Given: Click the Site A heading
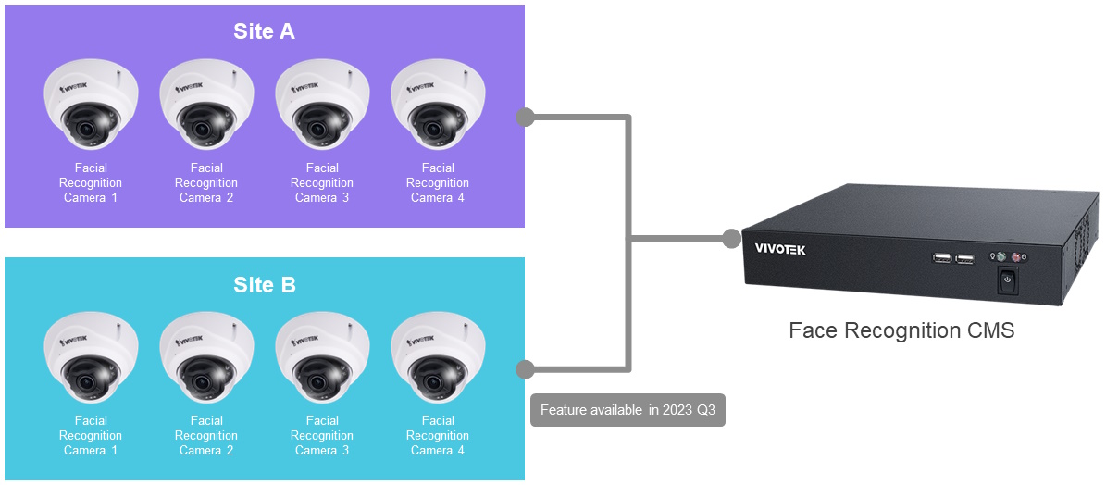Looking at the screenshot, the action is pyautogui.click(x=264, y=32).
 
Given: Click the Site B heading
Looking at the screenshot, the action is pyautogui.click(x=264, y=285).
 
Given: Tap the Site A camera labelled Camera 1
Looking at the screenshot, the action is pyautogui.click(x=91, y=107).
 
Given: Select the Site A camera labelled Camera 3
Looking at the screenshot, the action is pyautogui.click(x=322, y=107).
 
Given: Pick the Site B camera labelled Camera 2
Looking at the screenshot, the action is pyautogui.click(x=206, y=359).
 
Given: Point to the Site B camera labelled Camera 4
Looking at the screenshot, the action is pyautogui.click(x=438, y=359).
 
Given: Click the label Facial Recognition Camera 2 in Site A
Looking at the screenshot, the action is pyautogui.click(x=206, y=182).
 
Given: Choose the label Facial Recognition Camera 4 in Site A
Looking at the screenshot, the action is pyautogui.click(x=438, y=182).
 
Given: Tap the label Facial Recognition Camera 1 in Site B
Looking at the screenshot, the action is pyautogui.click(x=91, y=435).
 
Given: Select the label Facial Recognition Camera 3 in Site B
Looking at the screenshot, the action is pyautogui.click(x=322, y=435).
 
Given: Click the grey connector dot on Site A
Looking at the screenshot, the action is pyautogui.click(x=525, y=117).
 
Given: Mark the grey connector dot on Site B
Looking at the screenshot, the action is pyautogui.click(x=525, y=368).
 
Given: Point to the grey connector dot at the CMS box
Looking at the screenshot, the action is pyautogui.click(x=732, y=239).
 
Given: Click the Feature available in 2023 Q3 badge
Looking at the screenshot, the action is pyautogui.click(x=628, y=410).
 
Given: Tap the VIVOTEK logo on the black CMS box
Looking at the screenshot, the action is pyautogui.click(x=780, y=249).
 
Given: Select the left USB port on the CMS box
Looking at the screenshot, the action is pyautogui.click(x=941, y=259).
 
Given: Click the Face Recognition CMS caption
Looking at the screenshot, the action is pyautogui.click(x=901, y=330).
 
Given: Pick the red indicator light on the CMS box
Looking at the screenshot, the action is pyautogui.click(x=1016, y=257).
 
